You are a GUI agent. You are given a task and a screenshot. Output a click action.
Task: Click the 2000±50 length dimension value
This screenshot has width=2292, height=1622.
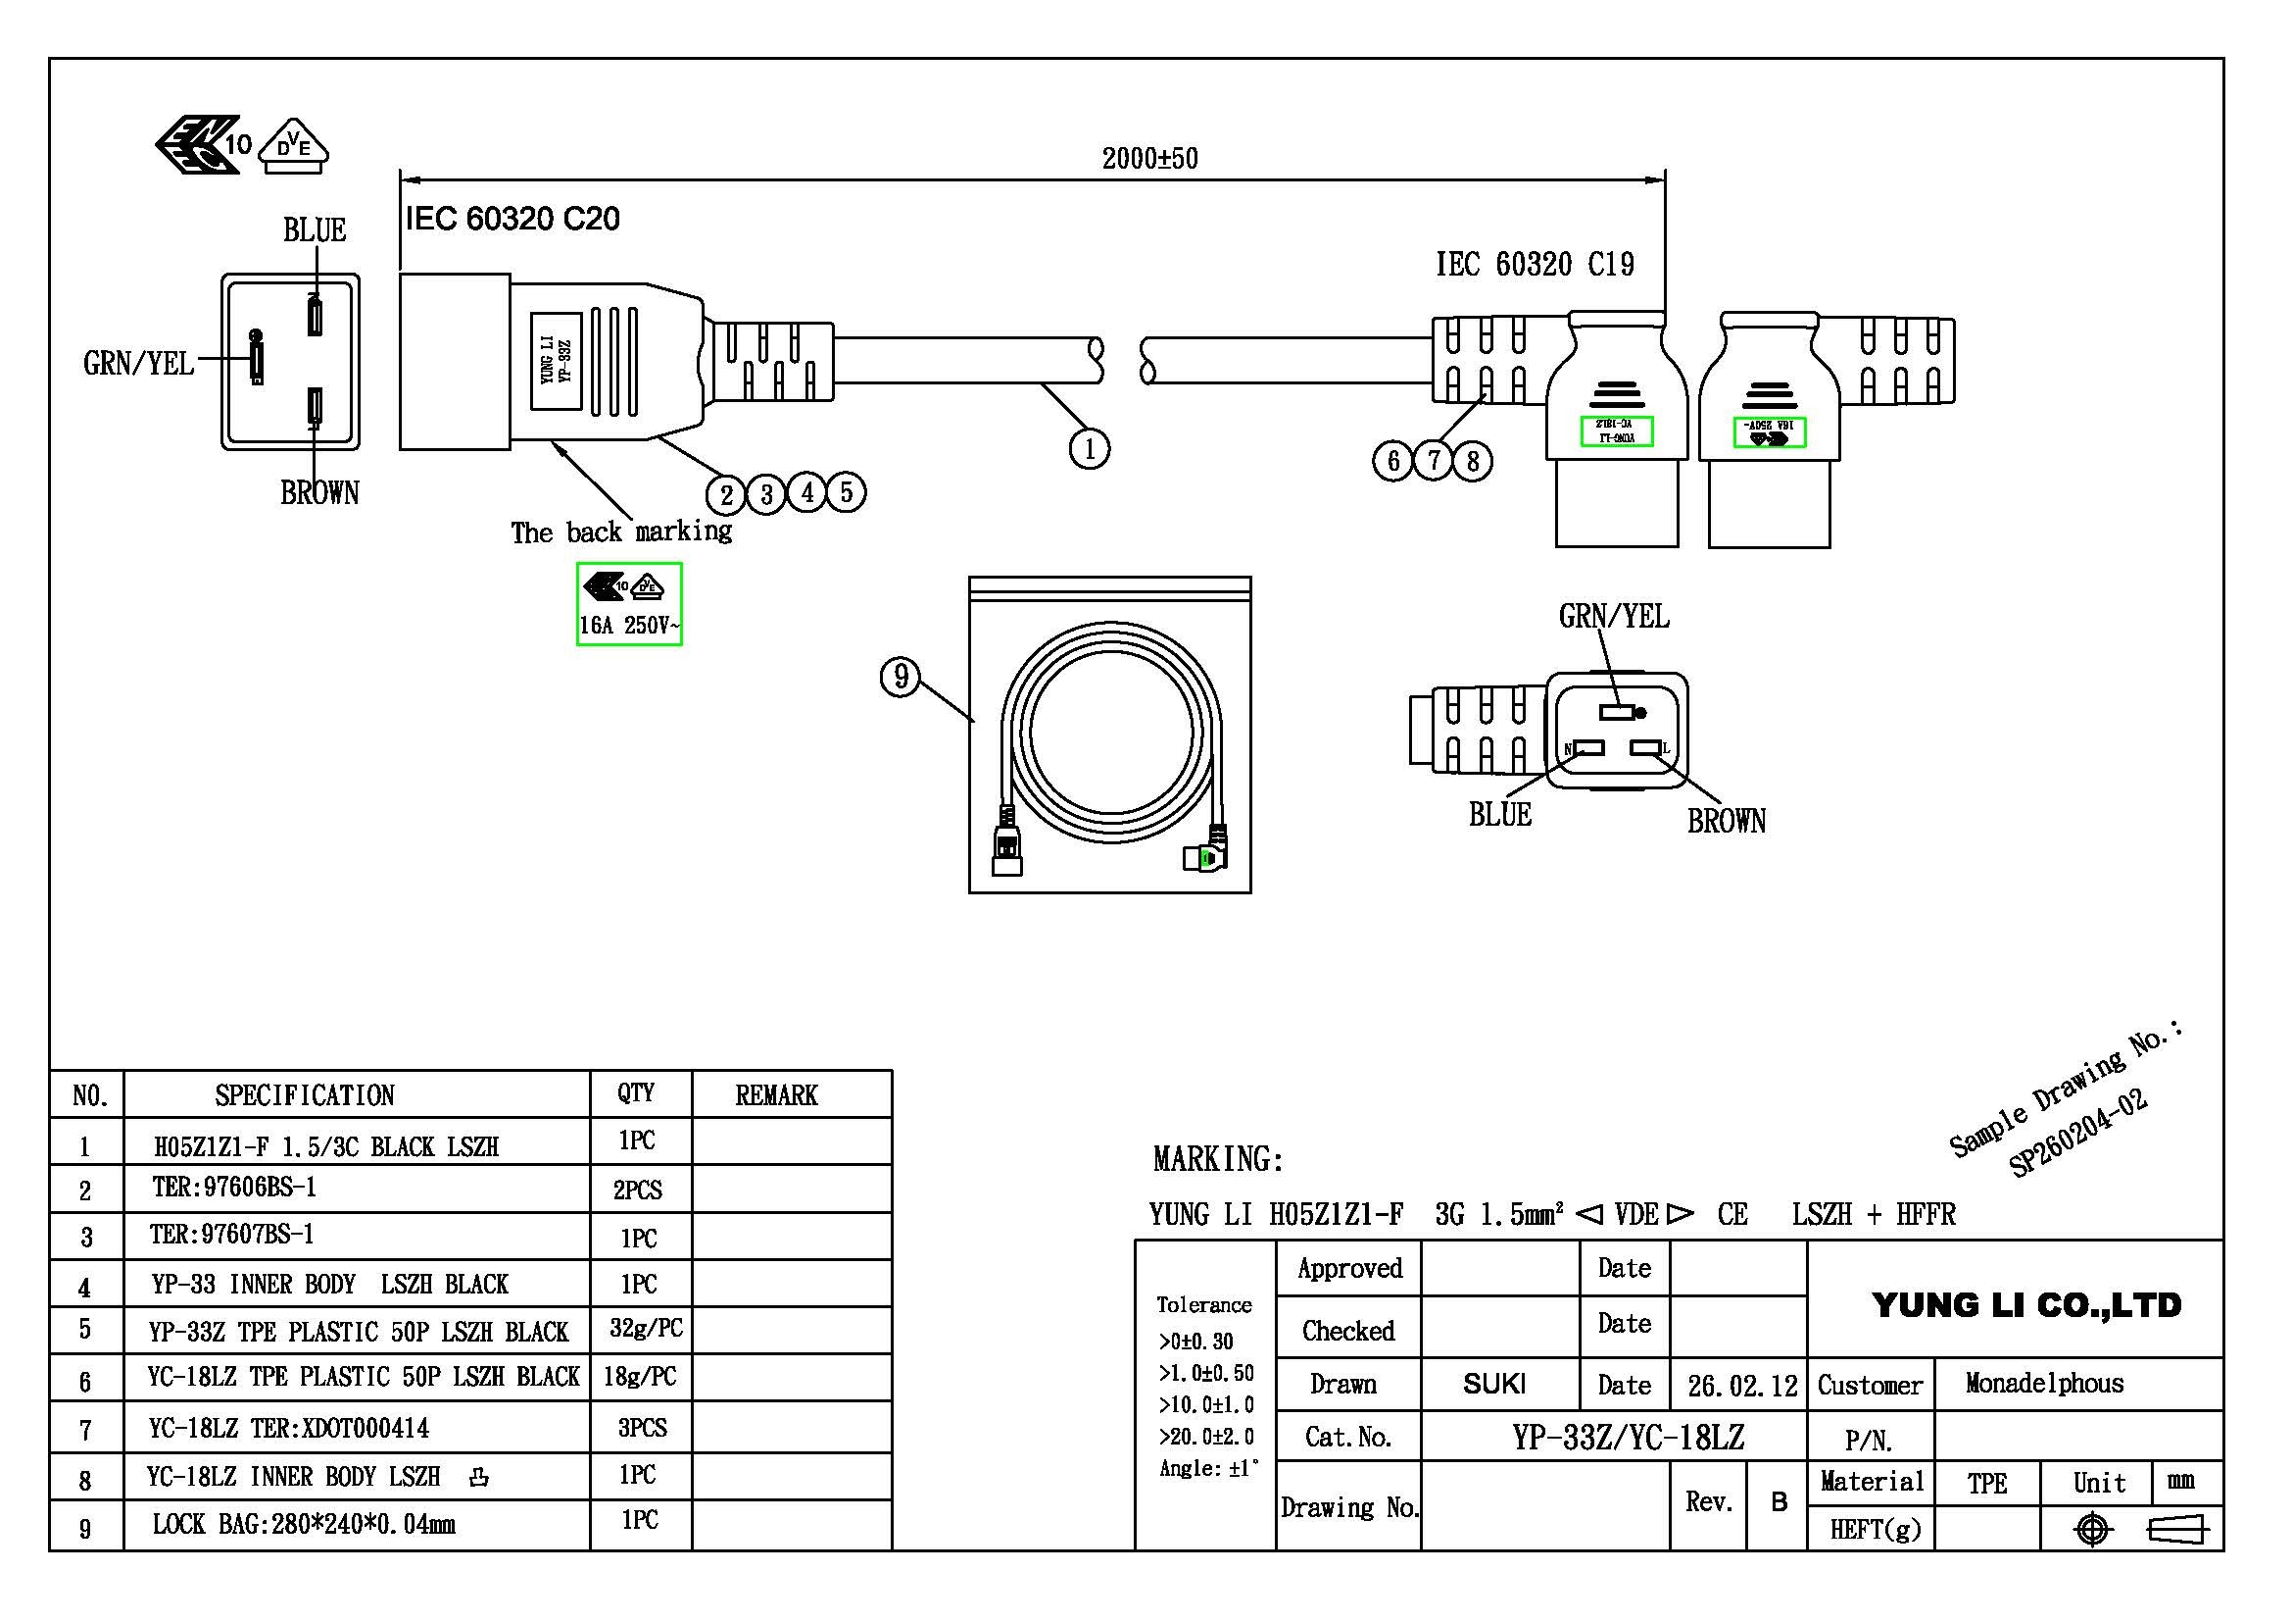coord(1149,159)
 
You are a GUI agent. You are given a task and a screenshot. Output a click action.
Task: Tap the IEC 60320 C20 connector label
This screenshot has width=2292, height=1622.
coord(512,219)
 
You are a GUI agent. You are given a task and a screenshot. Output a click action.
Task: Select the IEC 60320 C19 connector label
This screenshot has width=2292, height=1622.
coord(1535,265)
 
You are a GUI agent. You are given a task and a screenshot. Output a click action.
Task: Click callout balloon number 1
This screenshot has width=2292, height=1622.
coord(1089,448)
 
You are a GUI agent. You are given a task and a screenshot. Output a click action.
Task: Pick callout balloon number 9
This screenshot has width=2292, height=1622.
coord(901,678)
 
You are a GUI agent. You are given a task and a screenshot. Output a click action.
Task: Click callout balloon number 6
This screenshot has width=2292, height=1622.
coord(1392,461)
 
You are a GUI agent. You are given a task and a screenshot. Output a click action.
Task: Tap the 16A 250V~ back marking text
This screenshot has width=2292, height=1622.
coord(629,627)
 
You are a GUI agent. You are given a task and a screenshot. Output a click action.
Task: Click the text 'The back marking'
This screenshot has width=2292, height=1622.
coord(621,532)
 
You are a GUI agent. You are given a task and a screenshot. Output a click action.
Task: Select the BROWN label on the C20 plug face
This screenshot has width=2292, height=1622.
coord(319,492)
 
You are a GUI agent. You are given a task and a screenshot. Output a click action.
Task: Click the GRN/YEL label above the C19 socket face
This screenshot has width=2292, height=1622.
coord(1613,616)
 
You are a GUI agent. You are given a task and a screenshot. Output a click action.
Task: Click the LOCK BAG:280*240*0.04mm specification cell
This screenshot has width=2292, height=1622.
coord(304,1524)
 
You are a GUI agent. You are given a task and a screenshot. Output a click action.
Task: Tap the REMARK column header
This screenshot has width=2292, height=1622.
coord(776,1095)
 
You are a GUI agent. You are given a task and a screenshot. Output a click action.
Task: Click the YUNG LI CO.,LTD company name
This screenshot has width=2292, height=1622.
coord(2025,1304)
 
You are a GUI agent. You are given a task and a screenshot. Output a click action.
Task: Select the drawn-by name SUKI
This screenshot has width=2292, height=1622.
coord(1493,1384)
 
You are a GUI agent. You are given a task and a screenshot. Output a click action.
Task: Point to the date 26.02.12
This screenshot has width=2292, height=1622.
coord(1742,1387)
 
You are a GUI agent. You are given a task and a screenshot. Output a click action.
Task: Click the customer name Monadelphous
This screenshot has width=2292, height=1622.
coord(2044,1384)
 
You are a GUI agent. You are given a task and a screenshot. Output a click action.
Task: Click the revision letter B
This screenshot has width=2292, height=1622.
coord(1778,1501)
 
